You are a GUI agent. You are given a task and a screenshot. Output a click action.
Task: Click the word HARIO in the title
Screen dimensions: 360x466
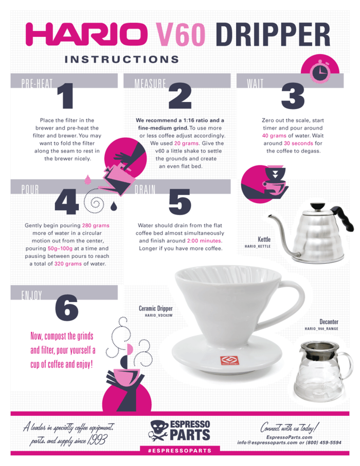click(86, 34)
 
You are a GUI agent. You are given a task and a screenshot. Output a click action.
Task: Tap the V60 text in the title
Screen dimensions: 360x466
click(181, 34)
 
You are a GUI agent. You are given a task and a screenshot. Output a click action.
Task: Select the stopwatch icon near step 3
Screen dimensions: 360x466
click(320, 71)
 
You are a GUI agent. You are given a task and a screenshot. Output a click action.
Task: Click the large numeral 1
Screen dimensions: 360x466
click(65, 95)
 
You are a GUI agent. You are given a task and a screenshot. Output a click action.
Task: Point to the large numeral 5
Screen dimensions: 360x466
click(179, 202)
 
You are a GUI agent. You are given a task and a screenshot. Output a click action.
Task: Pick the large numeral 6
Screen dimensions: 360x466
click(67, 308)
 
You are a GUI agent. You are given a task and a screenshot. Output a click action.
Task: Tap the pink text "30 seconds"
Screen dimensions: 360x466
click(298, 144)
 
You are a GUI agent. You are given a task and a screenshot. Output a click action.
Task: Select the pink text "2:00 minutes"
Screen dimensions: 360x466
click(205, 241)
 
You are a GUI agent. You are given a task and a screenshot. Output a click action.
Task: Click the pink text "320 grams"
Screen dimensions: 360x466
click(68, 264)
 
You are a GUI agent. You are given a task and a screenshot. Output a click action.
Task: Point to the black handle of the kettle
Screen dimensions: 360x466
click(344, 218)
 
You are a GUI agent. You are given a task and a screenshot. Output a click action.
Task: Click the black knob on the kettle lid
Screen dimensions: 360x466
click(317, 206)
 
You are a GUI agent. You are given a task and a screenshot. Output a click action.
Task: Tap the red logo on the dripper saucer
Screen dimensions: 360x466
click(229, 361)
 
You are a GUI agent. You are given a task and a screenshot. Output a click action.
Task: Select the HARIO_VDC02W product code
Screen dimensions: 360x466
click(158, 315)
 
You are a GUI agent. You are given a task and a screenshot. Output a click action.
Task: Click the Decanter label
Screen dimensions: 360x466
click(329, 321)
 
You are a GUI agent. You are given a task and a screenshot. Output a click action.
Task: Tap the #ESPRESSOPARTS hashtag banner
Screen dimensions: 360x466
click(180, 451)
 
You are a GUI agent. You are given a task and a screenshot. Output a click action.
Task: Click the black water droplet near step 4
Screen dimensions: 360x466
click(114, 206)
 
